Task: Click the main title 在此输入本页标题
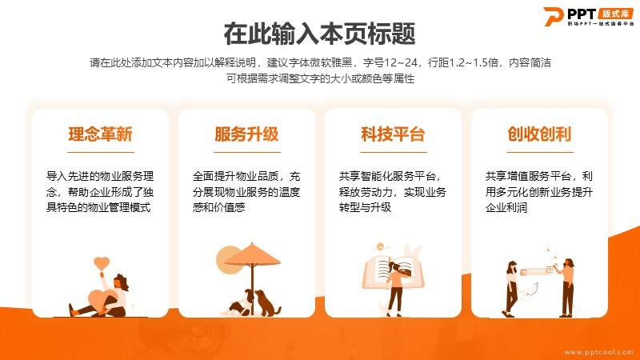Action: point(319,34)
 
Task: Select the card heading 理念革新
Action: point(101,134)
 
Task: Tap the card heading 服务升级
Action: point(246,134)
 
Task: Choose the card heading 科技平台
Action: point(393,134)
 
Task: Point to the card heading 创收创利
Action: point(539,134)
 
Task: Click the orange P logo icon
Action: point(554,16)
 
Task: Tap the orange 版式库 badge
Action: point(616,14)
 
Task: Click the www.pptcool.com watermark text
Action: point(598,352)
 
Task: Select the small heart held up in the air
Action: point(102,263)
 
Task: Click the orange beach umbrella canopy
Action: point(253,255)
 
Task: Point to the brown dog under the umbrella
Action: point(267,303)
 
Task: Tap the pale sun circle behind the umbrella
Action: point(228,259)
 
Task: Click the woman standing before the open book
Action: point(395,288)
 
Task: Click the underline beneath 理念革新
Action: point(101,152)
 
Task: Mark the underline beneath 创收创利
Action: point(540,152)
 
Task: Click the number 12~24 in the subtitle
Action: point(401,62)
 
